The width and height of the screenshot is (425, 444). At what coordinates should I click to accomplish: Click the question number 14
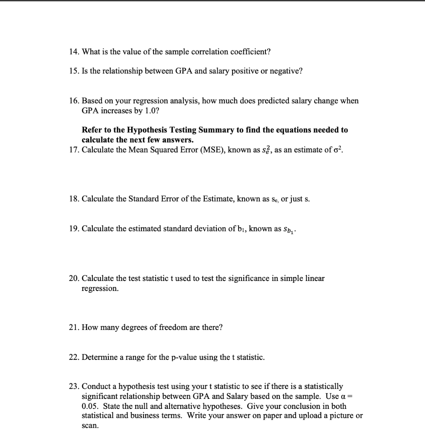(x=74, y=52)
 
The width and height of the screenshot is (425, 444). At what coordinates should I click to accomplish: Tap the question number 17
(x=74, y=150)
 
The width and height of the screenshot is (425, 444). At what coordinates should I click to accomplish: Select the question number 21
(x=74, y=328)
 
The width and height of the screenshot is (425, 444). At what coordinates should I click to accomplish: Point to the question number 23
(x=74, y=386)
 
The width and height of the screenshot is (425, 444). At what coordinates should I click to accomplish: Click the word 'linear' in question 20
(x=314, y=278)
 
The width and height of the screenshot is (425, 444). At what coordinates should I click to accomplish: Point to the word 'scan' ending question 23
(x=89, y=426)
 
